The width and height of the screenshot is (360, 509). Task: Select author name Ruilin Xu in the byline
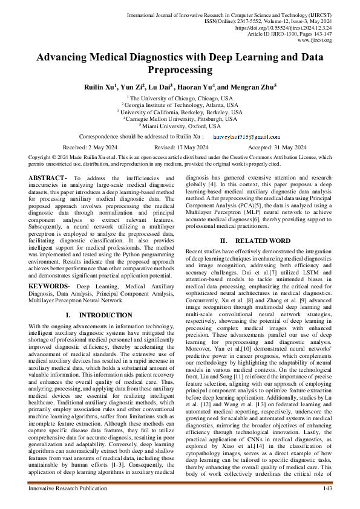point(99,87)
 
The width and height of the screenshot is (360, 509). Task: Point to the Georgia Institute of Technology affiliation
point(180,105)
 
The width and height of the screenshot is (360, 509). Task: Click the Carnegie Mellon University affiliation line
point(180,119)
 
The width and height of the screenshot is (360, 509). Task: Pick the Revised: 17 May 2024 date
point(180,148)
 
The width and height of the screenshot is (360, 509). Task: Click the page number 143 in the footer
point(327,488)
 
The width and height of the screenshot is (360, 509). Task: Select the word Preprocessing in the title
point(180,70)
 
